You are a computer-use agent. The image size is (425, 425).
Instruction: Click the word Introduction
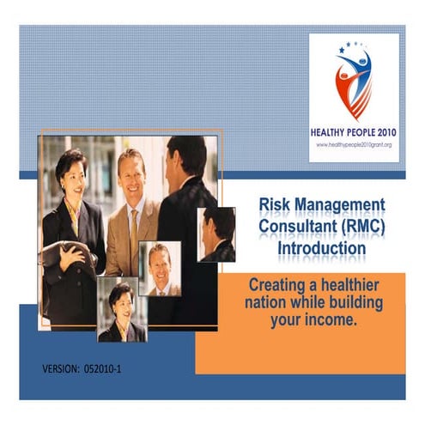[x=321, y=248]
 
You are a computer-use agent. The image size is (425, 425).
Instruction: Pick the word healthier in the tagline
[x=355, y=283]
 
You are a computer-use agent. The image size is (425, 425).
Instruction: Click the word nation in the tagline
[x=271, y=303]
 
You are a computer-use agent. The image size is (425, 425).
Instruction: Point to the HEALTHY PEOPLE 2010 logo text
[x=353, y=132]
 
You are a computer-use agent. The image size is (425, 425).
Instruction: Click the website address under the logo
[x=353, y=144]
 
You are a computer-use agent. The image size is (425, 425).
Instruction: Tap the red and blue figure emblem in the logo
[x=353, y=82]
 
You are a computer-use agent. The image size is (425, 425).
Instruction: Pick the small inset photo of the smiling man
[x=160, y=268]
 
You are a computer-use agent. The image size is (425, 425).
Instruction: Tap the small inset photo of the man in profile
[x=216, y=234]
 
